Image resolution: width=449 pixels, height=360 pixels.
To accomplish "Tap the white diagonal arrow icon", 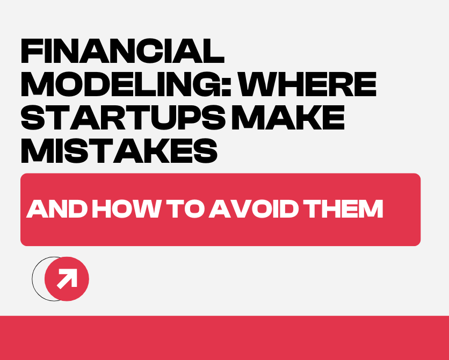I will [x=67, y=279].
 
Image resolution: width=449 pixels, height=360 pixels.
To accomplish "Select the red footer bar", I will [x=225, y=338].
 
